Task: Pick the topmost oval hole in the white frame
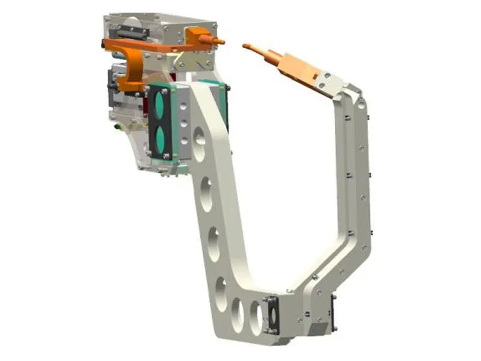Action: (199, 144)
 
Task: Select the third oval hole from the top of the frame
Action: (213, 244)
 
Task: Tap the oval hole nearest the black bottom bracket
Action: (256, 317)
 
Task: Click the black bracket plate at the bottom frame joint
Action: (271, 313)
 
